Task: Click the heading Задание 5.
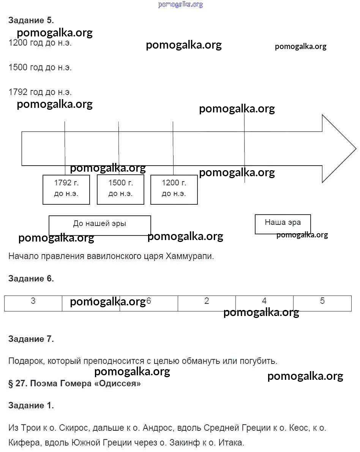tap(31, 20)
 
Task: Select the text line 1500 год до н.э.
tap(40, 68)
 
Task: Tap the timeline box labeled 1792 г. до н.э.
tap(66, 190)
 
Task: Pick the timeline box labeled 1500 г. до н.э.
tap(120, 190)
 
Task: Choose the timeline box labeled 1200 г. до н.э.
tap(174, 190)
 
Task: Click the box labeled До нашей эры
tap(99, 225)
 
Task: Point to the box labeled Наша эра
tap(283, 224)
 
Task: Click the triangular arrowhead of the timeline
tap(338, 149)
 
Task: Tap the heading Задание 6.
tap(31, 279)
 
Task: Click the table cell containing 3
tap(33, 303)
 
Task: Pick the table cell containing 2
tap(207, 303)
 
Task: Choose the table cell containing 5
tap(322, 303)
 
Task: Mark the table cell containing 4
tap(264, 303)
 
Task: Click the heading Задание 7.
tap(31, 339)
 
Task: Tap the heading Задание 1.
tap(31, 406)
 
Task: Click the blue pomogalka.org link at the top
tap(180, 5)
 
